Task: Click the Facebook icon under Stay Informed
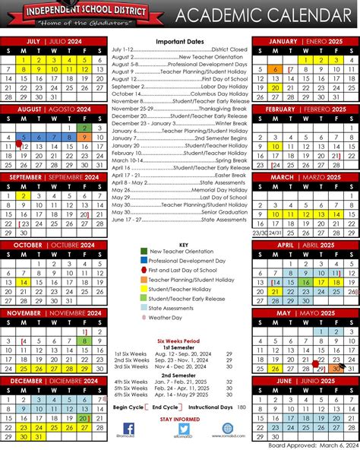pos(150,428)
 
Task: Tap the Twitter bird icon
pos(181,428)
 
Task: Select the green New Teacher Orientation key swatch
pos(144,251)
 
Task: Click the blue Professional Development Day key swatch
pos(144,260)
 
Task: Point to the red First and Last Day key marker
pos(144,269)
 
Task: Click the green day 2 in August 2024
pos(83,128)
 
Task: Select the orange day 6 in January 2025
pos(275,69)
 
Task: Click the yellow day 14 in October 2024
pos(24,281)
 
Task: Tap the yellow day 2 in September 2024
pos(24,195)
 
